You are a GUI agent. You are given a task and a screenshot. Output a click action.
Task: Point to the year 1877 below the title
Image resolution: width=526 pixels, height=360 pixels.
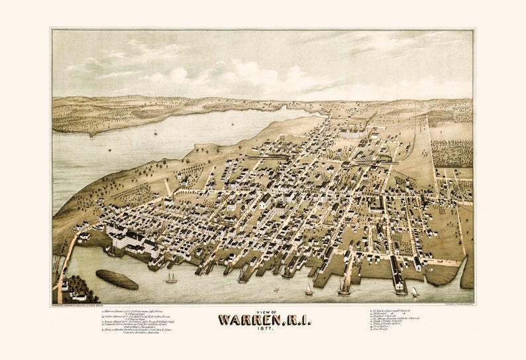[x=263, y=331]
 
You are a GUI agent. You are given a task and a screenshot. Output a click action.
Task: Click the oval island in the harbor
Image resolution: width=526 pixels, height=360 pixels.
[x=117, y=279]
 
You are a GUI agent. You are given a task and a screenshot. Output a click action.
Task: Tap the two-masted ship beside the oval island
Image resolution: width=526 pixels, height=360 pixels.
[x=171, y=278]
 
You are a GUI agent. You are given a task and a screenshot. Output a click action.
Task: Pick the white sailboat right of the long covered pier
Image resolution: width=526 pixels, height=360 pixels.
[x=415, y=291]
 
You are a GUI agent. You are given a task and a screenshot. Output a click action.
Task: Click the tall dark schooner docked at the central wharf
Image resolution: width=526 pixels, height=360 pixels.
[x=344, y=285]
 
